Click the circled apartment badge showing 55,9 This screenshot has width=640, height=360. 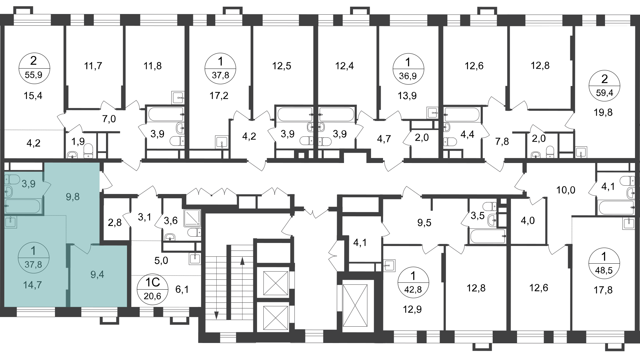[34, 69]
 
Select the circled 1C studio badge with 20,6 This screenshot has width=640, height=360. [153, 289]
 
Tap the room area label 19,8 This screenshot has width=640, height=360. [603, 112]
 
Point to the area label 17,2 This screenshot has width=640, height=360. [219, 96]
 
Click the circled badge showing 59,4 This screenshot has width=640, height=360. [604, 85]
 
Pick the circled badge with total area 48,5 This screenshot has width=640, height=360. [604, 263]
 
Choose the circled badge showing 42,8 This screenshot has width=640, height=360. [413, 283]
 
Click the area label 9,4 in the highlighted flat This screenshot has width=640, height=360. [97, 275]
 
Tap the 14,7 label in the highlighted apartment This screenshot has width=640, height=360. [33, 285]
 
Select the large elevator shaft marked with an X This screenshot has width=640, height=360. [355, 306]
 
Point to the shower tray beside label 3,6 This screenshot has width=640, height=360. [192, 218]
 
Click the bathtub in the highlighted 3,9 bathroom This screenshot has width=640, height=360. [23, 206]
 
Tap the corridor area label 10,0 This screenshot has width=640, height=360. [566, 190]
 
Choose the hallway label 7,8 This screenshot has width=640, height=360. [502, 142]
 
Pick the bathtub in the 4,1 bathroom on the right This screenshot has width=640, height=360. [616, 208]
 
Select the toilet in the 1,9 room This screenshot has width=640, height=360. [88, 150]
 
